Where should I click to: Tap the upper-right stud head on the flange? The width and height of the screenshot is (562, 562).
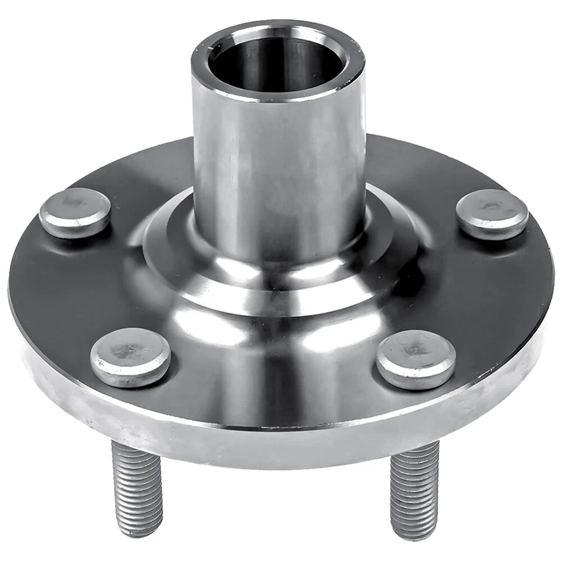492,214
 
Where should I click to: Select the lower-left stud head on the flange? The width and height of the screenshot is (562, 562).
131,357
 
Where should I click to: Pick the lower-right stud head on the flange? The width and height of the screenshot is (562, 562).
416,359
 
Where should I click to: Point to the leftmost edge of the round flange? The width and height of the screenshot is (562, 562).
11,293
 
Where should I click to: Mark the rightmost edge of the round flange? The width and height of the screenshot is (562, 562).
552,287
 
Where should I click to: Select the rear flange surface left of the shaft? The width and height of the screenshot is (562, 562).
152,170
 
